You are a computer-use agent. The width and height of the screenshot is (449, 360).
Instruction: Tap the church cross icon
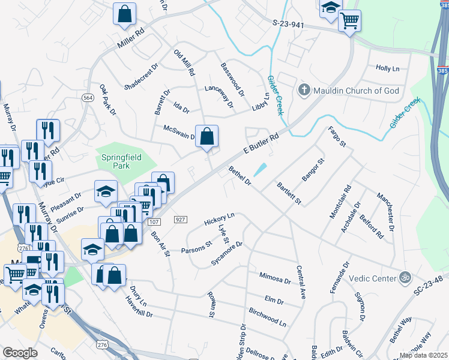click(304, 91)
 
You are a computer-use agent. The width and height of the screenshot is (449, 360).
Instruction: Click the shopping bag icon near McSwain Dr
click(206, 137)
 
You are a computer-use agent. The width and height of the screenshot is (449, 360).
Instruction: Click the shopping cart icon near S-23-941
click(349, 21)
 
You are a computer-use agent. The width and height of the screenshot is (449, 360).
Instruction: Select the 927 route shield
click(180, 220)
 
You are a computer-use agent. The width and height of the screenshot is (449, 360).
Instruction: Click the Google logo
click(20, 352)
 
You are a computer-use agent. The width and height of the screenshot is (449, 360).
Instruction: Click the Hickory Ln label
click(218, 219)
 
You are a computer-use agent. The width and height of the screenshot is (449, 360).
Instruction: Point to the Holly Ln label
click(387, 68)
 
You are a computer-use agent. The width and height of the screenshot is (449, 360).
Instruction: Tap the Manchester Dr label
click(385, 211)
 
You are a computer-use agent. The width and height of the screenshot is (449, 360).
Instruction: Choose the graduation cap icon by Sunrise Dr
click(106, 192)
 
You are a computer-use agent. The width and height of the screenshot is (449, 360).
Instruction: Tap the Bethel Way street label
click(400, 331)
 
